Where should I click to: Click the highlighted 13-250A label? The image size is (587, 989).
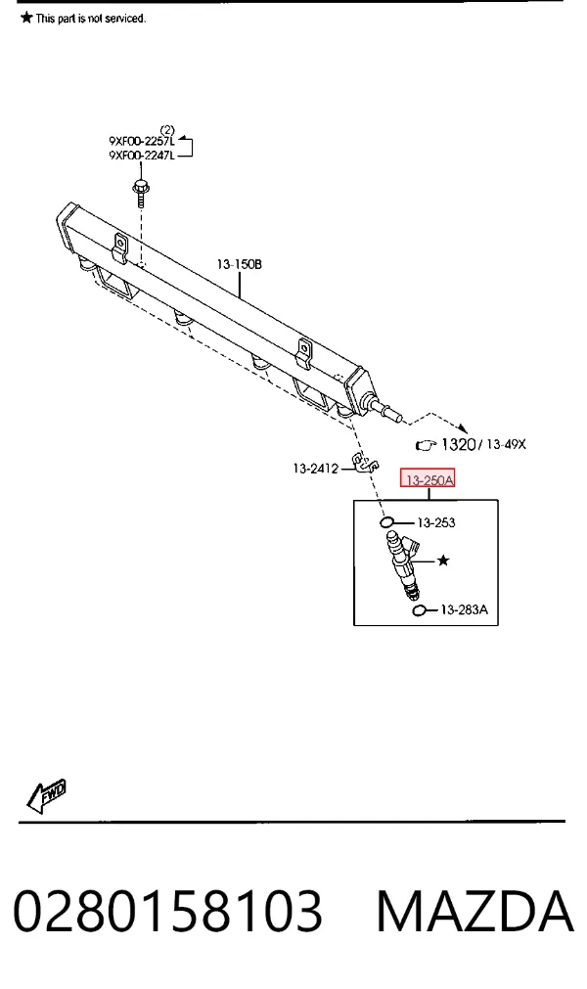coord(428,479)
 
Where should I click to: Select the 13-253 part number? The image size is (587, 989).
coord(435,522)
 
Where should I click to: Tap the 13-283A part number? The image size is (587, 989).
coord(464,609)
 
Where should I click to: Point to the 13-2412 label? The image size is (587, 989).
coord(315,468)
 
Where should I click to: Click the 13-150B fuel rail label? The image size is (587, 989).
coord(239,264)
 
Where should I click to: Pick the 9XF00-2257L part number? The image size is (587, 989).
coord(142,141)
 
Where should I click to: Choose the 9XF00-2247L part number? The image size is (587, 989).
coord(142,156)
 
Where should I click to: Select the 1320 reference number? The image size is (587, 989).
coord(458,444)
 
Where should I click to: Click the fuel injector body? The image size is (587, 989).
coord(402,562)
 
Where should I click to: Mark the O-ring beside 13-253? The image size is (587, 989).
coord(387,522)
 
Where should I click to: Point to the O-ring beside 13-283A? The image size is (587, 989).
coord(419,609)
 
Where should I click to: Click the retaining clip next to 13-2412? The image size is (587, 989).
coord(365,464)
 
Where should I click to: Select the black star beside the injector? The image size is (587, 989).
coord(443,561)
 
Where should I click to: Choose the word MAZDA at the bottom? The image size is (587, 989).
coord(474,911)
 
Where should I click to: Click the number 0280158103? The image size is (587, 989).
coord(167,911)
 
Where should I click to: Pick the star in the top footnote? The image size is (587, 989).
coord(26,17)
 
